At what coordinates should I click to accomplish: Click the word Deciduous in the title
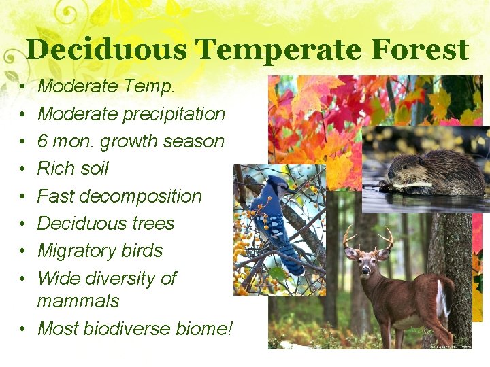tap(107, 50)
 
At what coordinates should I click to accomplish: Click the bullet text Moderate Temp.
tap(105, 86)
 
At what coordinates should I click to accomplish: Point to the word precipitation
tap(174, 113)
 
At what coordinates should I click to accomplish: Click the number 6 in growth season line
tap(43, 141)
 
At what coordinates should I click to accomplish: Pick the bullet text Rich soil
tap(73, 169)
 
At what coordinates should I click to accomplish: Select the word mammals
tap(78, 300)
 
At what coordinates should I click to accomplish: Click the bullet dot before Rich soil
tap(22, 169)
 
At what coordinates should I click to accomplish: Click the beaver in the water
tap(429, 173)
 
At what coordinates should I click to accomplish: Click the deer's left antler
tap(350, 238)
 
